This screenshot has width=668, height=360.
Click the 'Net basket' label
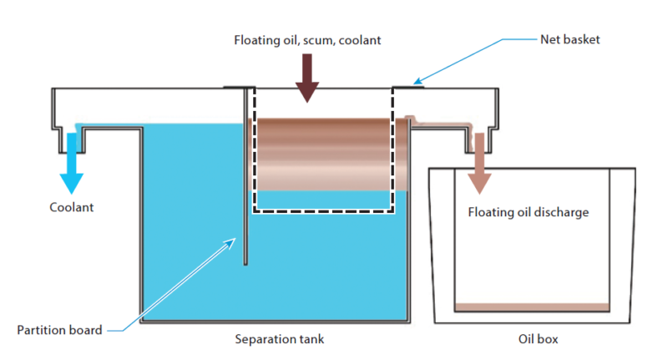coord(570,39)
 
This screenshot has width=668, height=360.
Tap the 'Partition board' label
coord(59,330)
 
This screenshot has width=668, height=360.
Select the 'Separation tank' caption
coord(280,339)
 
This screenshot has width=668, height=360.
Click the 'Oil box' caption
coord(538,339)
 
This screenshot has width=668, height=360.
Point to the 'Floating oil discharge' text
coord(529,212)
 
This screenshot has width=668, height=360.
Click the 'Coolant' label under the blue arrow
coord(72,207)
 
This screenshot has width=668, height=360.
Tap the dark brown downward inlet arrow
coord(307,78)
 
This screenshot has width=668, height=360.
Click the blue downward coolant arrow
coord(72,164)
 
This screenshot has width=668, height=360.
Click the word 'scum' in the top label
coord(318,40)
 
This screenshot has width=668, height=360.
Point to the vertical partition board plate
coord(245,176)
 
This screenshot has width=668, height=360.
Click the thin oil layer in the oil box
coord(532,307)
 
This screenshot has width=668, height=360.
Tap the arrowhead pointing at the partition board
coord(230,243)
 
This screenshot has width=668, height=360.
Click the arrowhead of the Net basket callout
coord(418,81)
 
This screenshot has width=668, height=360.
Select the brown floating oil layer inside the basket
coord(324,155)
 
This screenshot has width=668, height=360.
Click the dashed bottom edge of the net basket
coord(323,210)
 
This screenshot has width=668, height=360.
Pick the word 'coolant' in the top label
coord(360,40)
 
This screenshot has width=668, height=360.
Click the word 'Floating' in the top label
coord(257,40)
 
